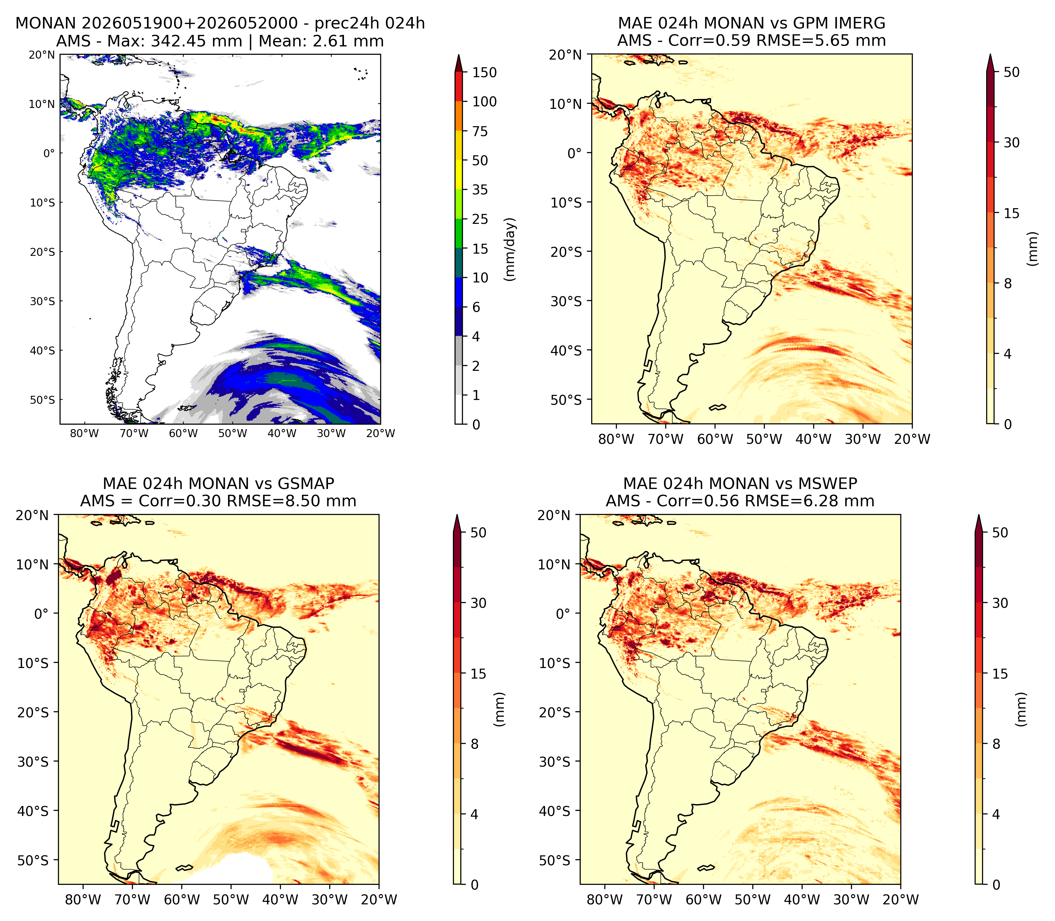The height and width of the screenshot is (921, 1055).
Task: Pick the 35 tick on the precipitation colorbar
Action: pos(480,190)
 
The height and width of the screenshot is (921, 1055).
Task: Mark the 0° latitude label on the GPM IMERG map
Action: pos(575,153)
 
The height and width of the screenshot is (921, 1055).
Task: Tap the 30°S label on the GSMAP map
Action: pos(33,762)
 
